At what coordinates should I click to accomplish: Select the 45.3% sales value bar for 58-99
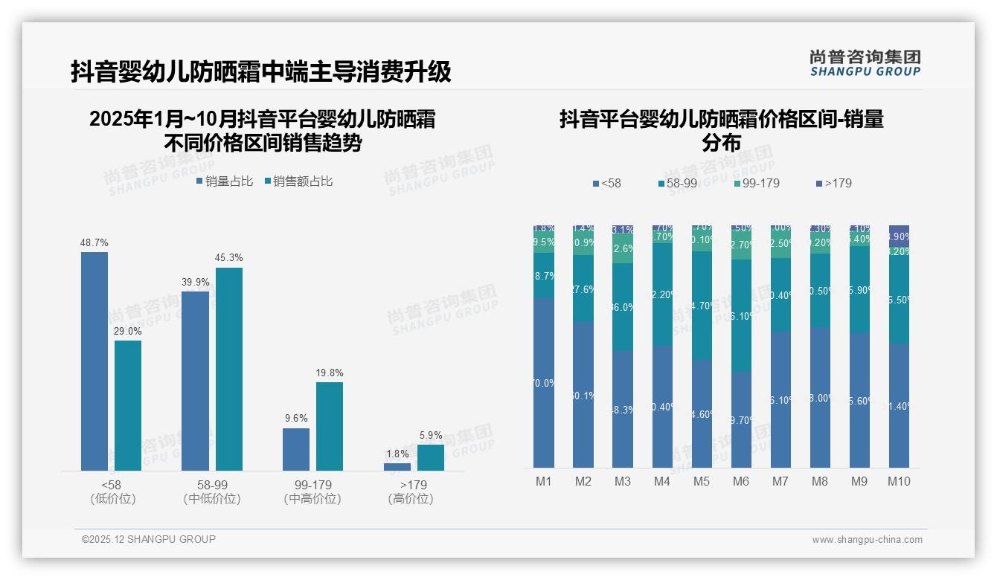click(x=229, y=369)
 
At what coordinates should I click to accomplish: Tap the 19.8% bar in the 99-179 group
click(x=330, y=426)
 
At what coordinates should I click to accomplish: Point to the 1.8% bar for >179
click(x=397, y=467)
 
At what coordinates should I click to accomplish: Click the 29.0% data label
click(x=128, y=331)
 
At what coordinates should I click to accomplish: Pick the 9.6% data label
click(x=296, y=419)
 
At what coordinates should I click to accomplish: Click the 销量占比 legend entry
click(x=225, y=181)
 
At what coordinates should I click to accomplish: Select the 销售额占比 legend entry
click(x=298, y=181)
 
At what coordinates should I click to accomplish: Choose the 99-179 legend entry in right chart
click(x=756, y=183)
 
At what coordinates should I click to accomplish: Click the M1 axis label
click(x=544, y=481)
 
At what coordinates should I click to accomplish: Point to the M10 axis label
click(x=899, y=481)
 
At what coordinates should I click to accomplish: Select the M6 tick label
click(x=741, y=481)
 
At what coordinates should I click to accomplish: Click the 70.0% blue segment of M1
click(x=544, y=383)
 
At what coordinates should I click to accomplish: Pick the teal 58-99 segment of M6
click(x=741, y=315)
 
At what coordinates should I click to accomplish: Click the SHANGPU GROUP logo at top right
click(x=865, y=62)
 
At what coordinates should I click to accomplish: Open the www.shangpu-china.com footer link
click(x=867, y=540)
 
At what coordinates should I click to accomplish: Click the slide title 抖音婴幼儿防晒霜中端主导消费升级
click(x=261, y=72)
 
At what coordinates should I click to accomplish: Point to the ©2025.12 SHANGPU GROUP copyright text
click(x=149, y=539)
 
